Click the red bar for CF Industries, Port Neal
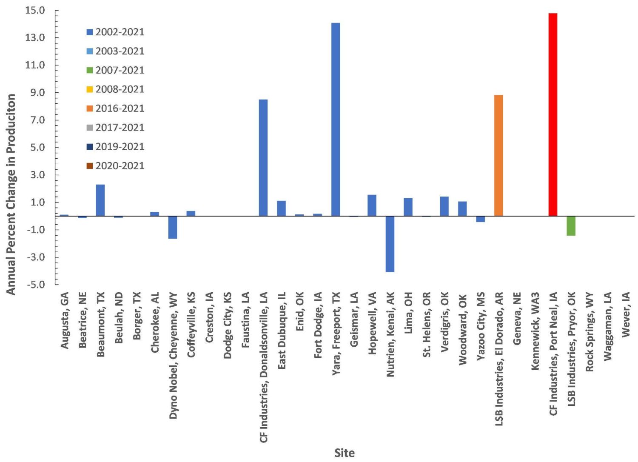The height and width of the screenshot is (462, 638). pos(553,115)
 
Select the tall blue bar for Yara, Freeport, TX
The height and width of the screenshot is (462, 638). pos(336,119)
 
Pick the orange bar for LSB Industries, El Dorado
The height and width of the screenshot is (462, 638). pos(498,155)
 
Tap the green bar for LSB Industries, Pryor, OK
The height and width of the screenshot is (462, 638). pos(571,225)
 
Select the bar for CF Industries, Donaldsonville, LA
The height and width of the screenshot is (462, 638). pos(263,157)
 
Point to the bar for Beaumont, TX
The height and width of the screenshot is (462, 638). pos(100,200)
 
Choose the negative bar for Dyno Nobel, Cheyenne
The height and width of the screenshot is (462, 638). pos(173,227)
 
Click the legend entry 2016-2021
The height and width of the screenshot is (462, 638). pos(120,108)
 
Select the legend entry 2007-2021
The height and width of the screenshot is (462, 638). pos(120,70)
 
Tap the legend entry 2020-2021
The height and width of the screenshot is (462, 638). pos(120,166)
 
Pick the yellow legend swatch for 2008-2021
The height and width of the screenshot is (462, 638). pos(90,89)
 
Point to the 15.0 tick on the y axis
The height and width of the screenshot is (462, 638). pos(35,10)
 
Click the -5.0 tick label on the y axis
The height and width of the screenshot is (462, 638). pos(35,285)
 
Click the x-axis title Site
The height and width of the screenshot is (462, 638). pos(344,453)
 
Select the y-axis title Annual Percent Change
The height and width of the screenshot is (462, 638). pos(11,194)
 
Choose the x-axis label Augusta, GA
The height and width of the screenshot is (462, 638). pos(65,320)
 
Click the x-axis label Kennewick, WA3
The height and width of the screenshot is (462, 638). pos(535,331)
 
